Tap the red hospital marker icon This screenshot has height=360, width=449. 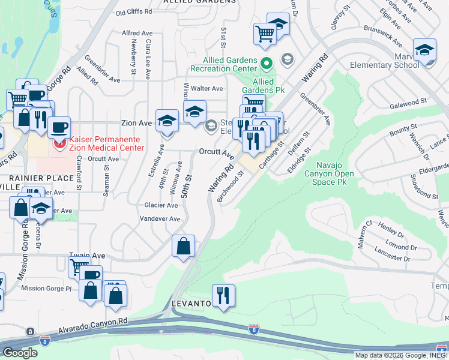tap(59, 144)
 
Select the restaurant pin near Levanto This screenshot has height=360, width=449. tap(223, 295)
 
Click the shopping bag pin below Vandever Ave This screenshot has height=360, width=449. tap(184, 246)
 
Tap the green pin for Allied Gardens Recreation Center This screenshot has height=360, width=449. tap(267, 61)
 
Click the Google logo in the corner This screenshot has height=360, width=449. tap(20, 353)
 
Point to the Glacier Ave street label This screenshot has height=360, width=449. tap(161, 205)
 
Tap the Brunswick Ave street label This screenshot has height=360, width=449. tap(382, 37)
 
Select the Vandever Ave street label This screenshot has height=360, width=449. tap(158, 219)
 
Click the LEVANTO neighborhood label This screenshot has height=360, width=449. tap(191, 304)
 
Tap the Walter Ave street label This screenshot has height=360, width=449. tap(206, 88)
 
